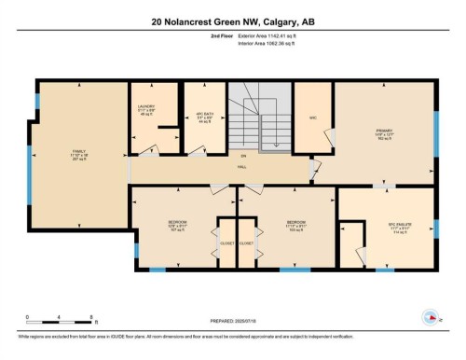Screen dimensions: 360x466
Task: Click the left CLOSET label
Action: pyautogui.click(x=226, y=242)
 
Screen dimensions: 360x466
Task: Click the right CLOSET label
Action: pyautogui.click(x=247, y=242)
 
